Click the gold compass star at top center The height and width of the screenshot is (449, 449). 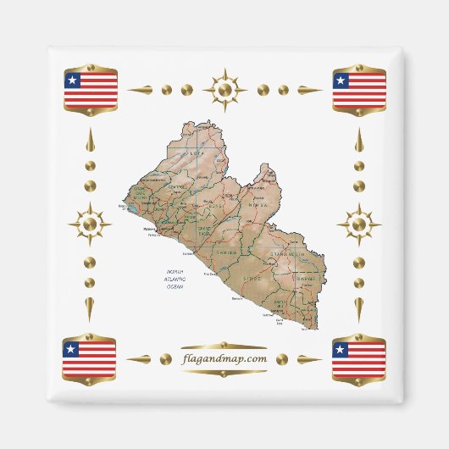tap(224, 89)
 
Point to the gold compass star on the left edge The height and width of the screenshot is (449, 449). tap(91, 224)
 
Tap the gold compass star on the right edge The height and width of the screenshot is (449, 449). tap(358, 224)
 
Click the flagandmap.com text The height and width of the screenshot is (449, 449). tap(224, 359)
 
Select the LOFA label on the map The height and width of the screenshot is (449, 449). tap(196, 154)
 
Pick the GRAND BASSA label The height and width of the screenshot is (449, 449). tap(204, 230)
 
